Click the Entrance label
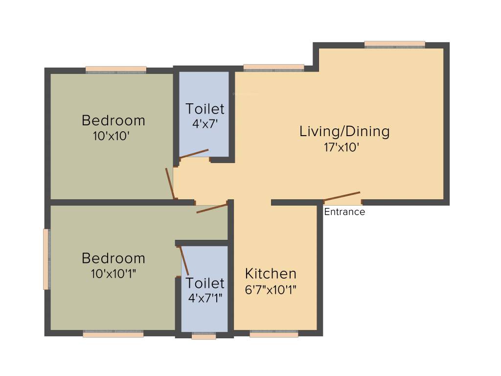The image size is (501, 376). [344, 212]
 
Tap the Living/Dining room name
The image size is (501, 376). [344, 131]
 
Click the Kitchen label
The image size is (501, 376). [271, 274]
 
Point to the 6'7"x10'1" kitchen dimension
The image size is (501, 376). [271, 289]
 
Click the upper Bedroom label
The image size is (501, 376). [114, 120]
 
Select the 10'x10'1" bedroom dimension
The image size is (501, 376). [113, 274]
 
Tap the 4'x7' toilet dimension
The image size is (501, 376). [205, 124]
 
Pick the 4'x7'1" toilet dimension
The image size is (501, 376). [205, 298]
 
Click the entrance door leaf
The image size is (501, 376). [342, 196]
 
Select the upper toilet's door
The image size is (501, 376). [194, 154]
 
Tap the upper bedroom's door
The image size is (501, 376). [170, 184]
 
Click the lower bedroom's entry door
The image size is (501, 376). [212, 208]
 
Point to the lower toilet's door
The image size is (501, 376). [184, 261]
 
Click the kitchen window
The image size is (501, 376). [274, 334]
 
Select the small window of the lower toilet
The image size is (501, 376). [204, 336]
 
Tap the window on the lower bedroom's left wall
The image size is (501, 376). [46, 259]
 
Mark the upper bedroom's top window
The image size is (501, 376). [116, 70]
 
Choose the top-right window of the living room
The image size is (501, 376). [395, 44]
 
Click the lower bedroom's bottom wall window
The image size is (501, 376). [113, 334]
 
